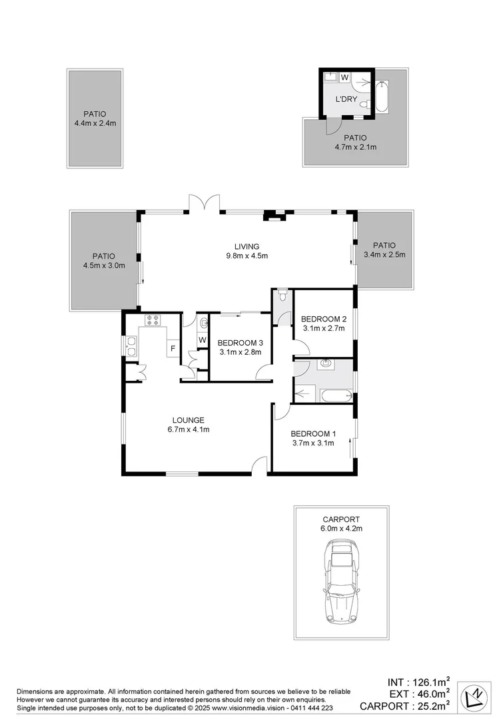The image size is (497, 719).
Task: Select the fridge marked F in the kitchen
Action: [173, 348]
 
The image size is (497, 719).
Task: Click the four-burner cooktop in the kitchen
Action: [154, 320]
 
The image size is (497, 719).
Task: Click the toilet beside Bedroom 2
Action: [283, 295]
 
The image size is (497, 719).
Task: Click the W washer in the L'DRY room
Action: [344, 78]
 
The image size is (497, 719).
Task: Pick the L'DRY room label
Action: [346, 100]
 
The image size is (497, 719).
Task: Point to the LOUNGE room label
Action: [188, 419]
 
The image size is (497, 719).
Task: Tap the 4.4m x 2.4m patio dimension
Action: [95, 123]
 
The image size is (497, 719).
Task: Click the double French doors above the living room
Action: [204, 202]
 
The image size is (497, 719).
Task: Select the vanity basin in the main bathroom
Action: [326, 364]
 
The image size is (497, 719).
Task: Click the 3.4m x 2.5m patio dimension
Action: [384, 254]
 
